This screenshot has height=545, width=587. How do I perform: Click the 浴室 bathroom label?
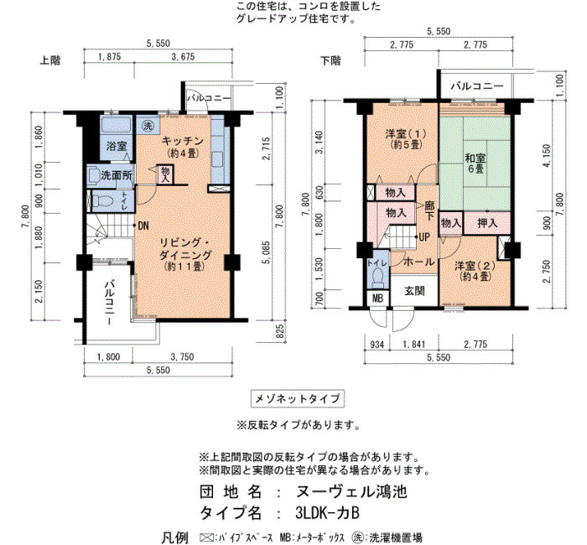click(x=117, y=147)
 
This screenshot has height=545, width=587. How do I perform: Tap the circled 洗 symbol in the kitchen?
click(x=148, y=126)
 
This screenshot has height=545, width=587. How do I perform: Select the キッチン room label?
click(x=182, y=141)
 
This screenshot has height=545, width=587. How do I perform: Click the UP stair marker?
click(x=424, y=237)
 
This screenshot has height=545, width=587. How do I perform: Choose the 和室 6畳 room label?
click(x=475, y=163)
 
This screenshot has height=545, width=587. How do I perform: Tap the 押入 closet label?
click(x=487, y=224)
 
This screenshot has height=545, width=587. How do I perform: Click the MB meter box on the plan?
click(x=378, y=298)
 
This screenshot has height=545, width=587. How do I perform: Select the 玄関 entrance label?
click(x=414, y=291)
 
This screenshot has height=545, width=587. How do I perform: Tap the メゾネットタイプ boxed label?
click(x=297, y=398)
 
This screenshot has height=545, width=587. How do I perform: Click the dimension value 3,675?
click(x=183, y=56)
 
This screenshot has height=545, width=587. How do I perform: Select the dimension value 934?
click(x=377, y=345)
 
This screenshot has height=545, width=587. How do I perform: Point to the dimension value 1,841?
click(x=414, y=345)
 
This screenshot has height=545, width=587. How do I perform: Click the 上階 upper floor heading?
click(x=49, y=60)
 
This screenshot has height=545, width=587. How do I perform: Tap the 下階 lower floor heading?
click(x=330, y=60)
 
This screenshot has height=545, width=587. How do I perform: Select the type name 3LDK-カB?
click(x=328, y=513)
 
